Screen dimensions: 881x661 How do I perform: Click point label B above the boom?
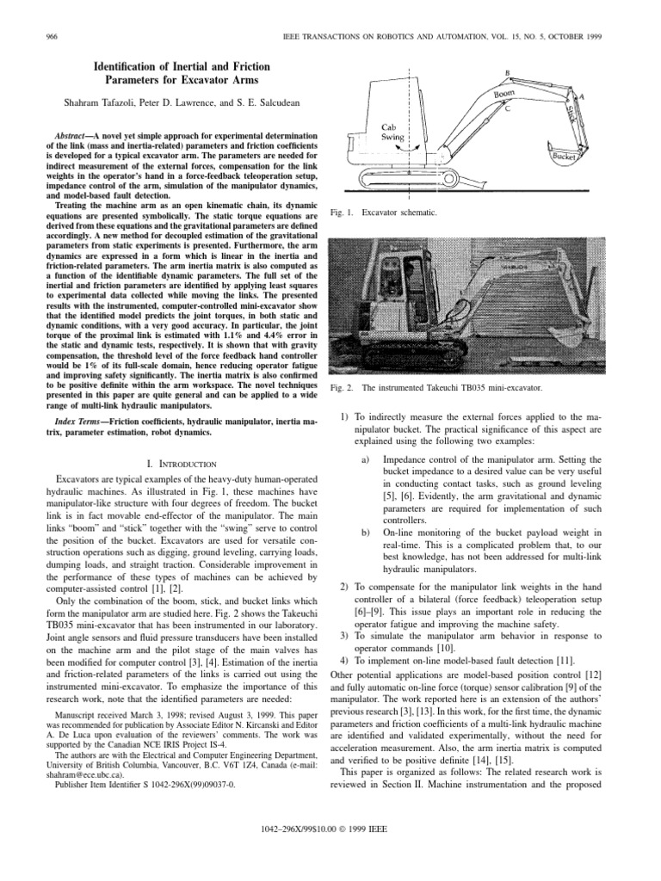508,73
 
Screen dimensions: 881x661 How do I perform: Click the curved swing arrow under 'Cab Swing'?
407,148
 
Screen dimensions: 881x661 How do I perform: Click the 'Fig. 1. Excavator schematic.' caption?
380,211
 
